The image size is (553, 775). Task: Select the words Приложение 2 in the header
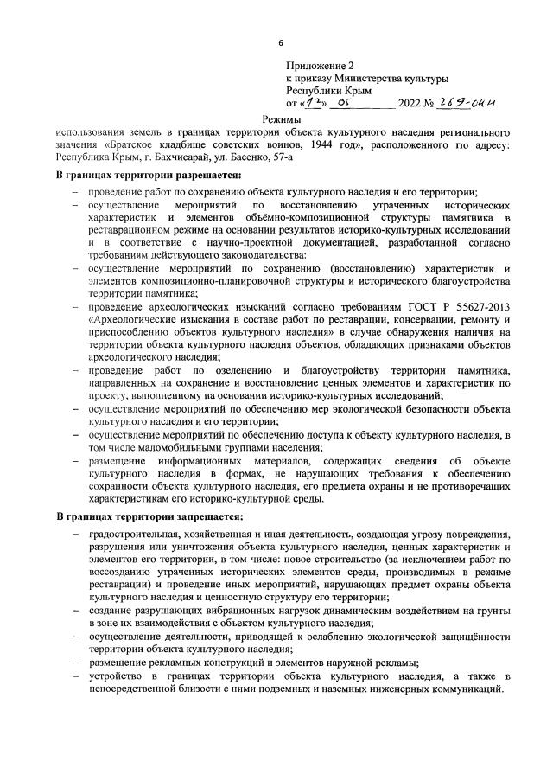[321, 66]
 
